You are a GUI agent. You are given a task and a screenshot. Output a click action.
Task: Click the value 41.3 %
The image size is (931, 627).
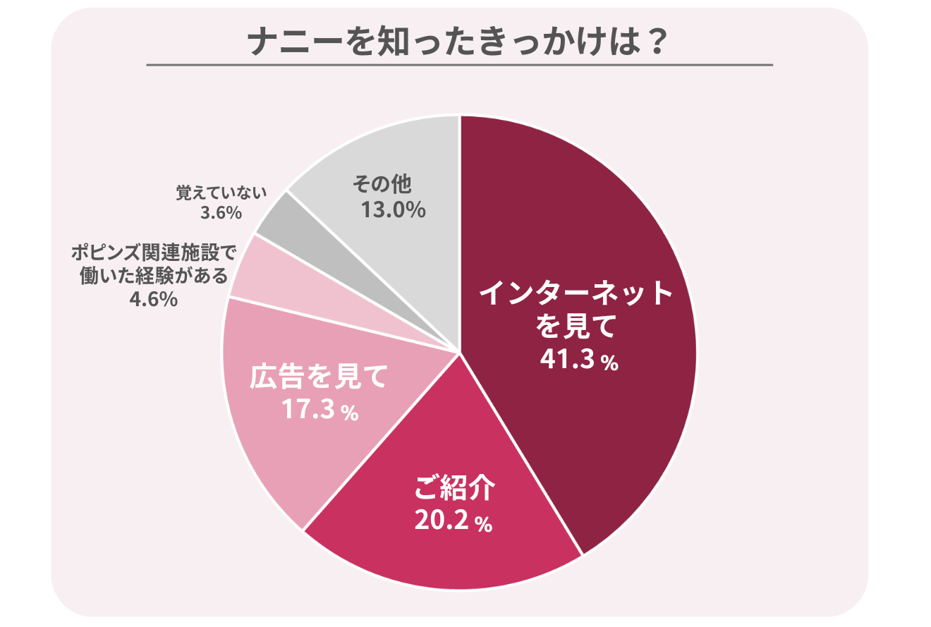[579, 359]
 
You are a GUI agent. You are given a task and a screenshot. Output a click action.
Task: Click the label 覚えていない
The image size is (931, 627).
[221, 194]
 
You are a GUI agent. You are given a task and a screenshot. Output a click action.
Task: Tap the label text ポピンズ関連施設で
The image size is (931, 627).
[152, 253]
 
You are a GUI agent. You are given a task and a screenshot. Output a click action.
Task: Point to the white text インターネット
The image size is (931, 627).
[576, 293]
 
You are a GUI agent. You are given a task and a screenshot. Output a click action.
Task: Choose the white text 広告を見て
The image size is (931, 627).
[320, 377]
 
